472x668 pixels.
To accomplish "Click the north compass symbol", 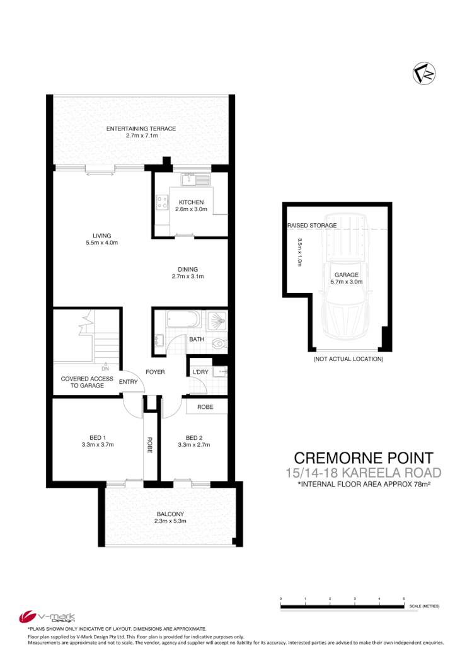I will tap(424, 74).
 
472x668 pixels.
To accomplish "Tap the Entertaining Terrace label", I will tap(141, 129).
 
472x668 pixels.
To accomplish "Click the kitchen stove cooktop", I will tap(161, 202).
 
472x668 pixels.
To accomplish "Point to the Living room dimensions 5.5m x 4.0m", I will tap(102, 243).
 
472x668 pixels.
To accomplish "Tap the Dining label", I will tap(188, 269).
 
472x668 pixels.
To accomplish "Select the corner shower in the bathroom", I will tap(217, 320).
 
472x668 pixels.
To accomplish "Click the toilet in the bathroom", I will tap(218, 344).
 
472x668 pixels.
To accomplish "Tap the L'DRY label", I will tap(200, 372).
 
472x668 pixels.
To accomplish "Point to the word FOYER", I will tap(155, 372).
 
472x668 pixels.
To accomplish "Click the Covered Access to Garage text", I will tap(87, 382).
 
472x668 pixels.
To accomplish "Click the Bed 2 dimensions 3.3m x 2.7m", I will tap(193, 444).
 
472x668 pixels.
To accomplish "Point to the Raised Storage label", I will tap(312, 225).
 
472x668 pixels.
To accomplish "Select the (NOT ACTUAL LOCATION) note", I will tap(348, 359).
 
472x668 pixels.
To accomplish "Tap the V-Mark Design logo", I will tap(47, 616).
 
